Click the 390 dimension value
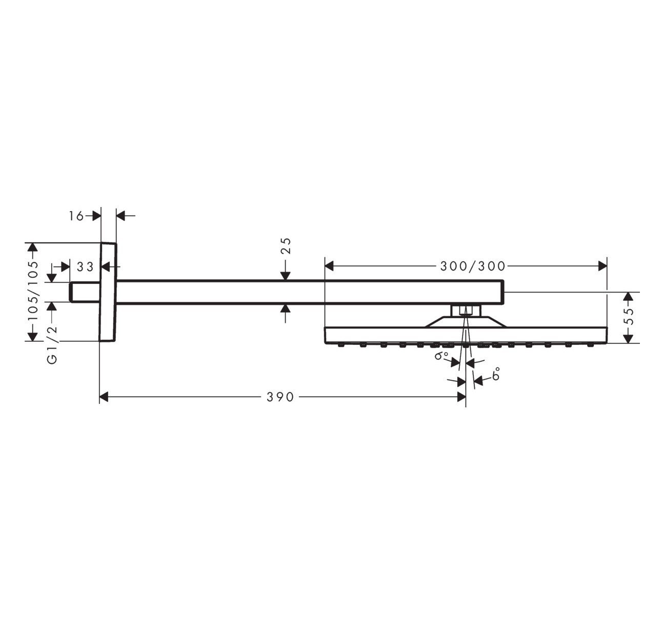click(280, 397)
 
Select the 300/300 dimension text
click(473, 266)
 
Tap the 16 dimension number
click(76, 216)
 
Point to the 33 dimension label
click(85, 266)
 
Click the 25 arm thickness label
click(286, 246)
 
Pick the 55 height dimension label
click(630, 318)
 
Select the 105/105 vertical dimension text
click(33, 291)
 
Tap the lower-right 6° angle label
click(495, 376)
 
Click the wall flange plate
click(108, 292)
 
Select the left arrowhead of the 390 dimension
click(104, 397)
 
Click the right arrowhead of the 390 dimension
click(460, 397)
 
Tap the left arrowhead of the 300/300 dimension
click(330, 266)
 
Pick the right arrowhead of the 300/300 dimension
click(602, 266)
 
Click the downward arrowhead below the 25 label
click(286, 276)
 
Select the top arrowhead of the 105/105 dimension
click(33, 247)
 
